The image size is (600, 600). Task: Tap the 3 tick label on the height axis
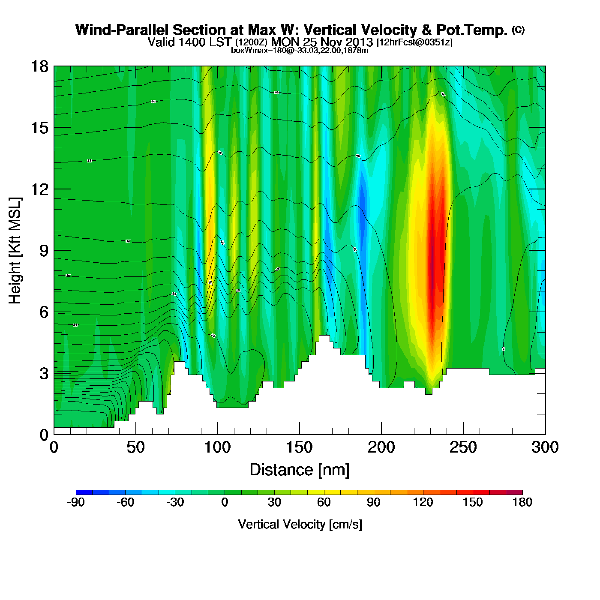[44, 374]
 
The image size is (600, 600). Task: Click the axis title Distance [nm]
[300, 470]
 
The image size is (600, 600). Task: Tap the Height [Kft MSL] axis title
[15, 251]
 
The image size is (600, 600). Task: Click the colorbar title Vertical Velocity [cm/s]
[300, 525]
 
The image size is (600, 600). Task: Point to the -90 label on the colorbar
[76, 502]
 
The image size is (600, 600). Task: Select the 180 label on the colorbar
[522, 502]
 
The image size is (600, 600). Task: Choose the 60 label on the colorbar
[324, 502]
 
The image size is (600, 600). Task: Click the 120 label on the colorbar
[423, 502]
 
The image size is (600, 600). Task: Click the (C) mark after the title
[518, 30]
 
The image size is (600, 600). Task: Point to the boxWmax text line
[300, 50]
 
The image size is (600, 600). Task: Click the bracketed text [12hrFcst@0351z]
[414, 42]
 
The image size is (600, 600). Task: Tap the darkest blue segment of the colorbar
[84, 492]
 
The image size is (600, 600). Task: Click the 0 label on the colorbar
[225, 502]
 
